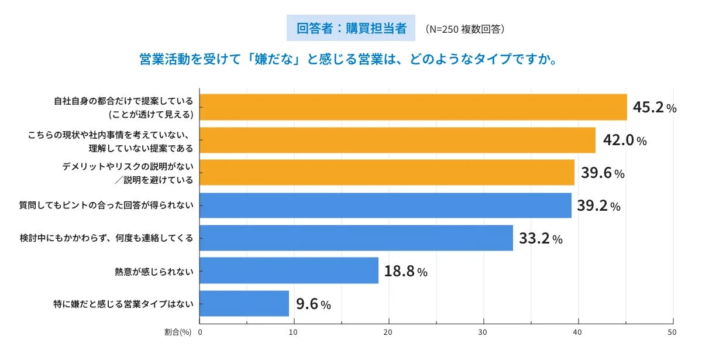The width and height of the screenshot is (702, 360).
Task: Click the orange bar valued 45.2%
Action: click(x=413, y=107)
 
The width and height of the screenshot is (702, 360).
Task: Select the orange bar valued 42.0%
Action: click(x=397, y=140)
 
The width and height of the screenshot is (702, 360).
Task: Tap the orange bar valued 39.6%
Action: click(x=387, y=173)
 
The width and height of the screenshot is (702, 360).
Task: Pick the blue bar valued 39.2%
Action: click(x=386, y=205)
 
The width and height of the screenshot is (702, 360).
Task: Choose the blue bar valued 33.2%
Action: click(x=356, y=238)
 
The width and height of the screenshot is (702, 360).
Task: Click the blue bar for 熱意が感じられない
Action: click(x=289, y=271)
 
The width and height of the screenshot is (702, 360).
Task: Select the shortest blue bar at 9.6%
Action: click(x=245, y=304)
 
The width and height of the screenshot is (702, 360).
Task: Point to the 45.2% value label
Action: click(x=655, y=108)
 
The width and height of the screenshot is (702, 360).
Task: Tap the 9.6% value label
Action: click(x=314, y=304)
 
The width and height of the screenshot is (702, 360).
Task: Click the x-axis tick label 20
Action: click(x=388, y=332)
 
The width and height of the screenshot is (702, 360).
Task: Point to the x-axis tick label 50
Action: click(x=672, y=332)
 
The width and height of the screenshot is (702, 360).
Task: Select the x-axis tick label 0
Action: click(x=200, y=332)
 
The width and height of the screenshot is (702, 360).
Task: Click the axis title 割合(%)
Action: click(x=178, y=332)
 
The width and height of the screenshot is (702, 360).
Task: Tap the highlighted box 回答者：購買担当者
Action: click(x=351, y=28)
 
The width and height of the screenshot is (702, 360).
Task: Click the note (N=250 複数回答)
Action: click(x=464, y=29)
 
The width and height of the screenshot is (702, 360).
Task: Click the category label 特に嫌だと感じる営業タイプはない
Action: click(x=123, y=304)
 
